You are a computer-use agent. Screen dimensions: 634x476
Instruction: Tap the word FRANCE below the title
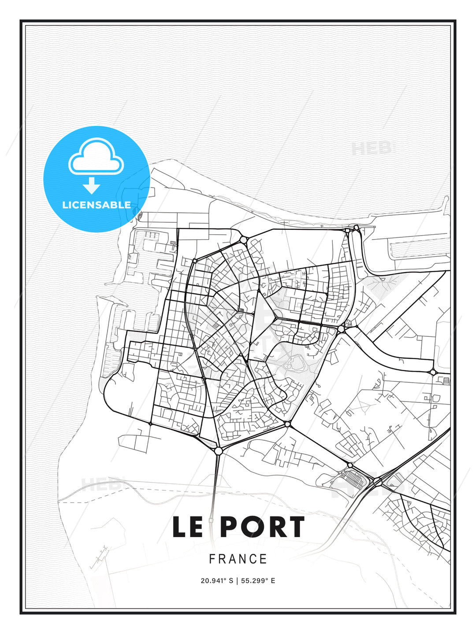[x=238, y=559]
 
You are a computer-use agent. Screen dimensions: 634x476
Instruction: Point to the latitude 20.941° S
[x=217, y=581]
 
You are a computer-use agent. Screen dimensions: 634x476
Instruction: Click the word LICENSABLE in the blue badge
[x=97, y=205]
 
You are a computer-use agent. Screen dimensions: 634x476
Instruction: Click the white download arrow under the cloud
[x=92, y=185]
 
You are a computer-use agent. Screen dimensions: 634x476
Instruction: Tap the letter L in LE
[x=179, y=527]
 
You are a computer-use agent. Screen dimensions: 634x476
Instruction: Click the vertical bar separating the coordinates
[x=237, y=581]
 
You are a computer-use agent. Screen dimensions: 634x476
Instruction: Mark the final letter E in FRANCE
[x=264, y=559]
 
